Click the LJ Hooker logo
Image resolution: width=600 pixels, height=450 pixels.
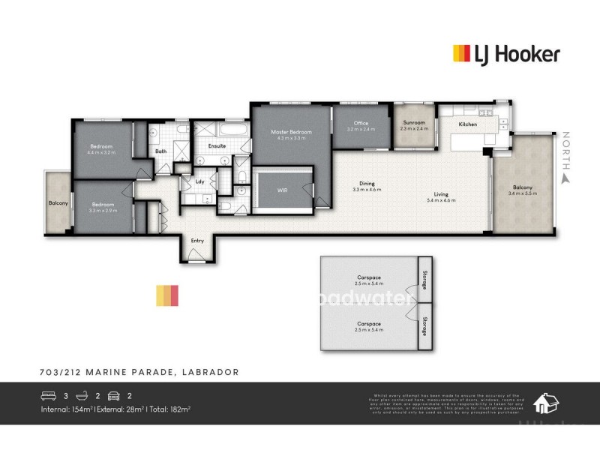(x=506, y=53)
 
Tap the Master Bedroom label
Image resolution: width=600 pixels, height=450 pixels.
(x=290, y=135)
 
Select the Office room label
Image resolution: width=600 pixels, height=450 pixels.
(x=361, y=126)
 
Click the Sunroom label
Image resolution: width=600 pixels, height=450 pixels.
(x=414, y=125)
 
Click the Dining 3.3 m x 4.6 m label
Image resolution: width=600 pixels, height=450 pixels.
(x=367, y=187)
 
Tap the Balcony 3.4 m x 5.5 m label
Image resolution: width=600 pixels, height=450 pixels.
(x=523, y=190)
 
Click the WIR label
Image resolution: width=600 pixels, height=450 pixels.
(x=282, y=190)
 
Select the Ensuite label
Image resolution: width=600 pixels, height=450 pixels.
(x=217, y=145)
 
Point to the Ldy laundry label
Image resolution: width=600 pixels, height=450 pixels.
(x=199, y=181)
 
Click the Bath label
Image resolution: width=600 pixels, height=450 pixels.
(x=160, y=151)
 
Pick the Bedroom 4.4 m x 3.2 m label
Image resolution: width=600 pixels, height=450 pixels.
(x=101, y=148)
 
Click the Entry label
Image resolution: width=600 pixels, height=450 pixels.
(x=197, y=241)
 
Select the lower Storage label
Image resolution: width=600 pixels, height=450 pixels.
(x=424, y=326)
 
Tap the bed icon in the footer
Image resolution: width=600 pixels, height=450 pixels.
(x=49, y=396)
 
